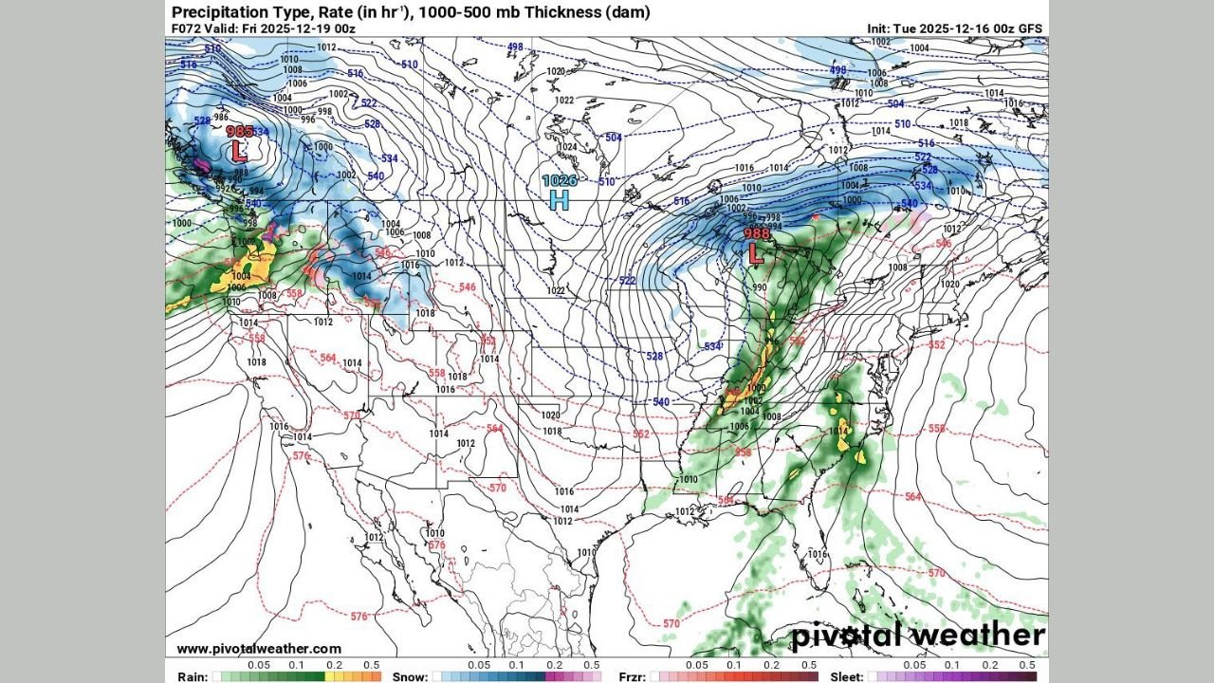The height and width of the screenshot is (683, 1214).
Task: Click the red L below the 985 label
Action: click(239, 151)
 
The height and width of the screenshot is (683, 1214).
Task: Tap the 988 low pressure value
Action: click(757, 234)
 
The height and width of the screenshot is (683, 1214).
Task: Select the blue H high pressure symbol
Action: click(560, 199)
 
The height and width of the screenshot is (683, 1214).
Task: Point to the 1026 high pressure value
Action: click(560, 180)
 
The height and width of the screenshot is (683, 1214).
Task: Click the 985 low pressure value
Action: click(240, 132)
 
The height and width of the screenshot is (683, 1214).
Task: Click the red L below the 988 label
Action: click(756, 253)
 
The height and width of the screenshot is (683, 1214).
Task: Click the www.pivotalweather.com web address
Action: click(259, 649)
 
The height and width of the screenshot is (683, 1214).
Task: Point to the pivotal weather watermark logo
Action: click(918, 635)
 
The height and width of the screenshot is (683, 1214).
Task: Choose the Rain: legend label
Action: click(188, 676)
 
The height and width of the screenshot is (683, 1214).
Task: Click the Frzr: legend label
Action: click(633, 676)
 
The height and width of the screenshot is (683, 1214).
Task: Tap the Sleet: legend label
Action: click(844, 676)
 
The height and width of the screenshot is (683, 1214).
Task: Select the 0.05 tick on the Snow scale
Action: click(479, 666)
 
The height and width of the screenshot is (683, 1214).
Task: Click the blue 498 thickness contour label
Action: click(515, 46)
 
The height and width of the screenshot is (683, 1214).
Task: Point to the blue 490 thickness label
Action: click(838, 70)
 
